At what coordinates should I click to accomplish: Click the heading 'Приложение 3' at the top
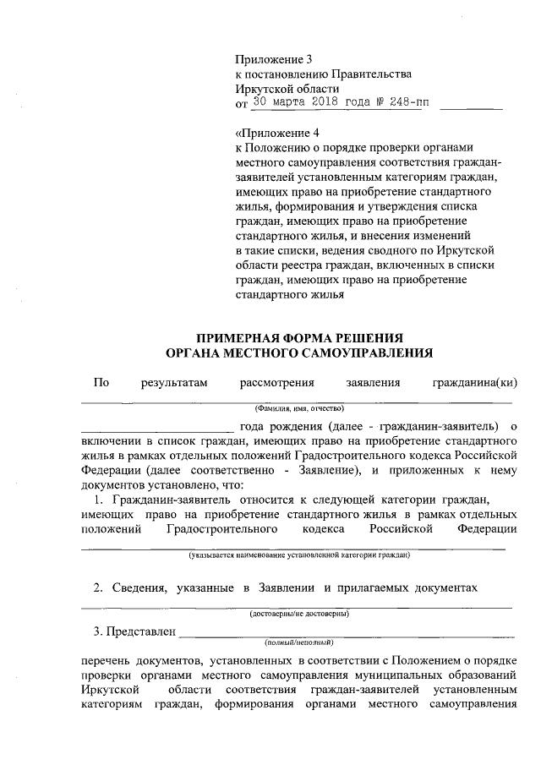[x=273, y=59]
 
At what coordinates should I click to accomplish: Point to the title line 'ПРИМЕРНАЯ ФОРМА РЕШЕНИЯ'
[x=300, y=337]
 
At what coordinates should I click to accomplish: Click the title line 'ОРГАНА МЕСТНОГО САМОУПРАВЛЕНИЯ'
[x=300, y=352]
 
